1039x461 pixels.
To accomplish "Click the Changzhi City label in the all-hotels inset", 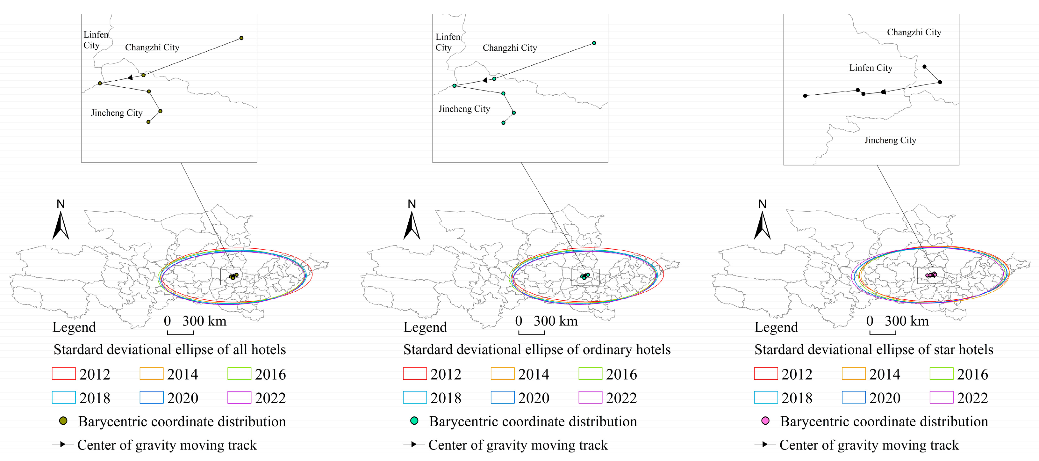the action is tap(152, 47).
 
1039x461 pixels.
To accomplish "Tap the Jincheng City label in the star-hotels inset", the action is tap(890, 140).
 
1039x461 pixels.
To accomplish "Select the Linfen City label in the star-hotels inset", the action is tap(871, 68).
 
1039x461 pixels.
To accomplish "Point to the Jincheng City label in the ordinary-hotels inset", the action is tap(464, 109).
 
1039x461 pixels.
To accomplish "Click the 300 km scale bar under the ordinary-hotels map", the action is tap(532, 332).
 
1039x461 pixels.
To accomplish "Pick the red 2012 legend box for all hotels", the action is tap(64, 374).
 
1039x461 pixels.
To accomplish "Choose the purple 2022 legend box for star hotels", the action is tap(942, 398).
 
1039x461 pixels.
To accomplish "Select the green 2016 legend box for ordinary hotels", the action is tap(590, 374).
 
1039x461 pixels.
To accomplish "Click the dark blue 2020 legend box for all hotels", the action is tap(151, 398).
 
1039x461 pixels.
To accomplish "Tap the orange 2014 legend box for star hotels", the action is tap(854, 374).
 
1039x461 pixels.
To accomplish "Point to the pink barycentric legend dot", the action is tap(765, 421).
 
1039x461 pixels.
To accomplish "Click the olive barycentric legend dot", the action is tap(63, 421).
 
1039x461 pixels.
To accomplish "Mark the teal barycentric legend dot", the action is tap(414, 421).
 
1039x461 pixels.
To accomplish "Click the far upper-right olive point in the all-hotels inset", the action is tap(241, 38).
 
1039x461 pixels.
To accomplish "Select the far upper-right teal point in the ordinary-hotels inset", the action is tap(594, 43).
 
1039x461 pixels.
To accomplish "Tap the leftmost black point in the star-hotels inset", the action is tap(805, 96).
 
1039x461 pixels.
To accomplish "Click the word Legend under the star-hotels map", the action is tap(776, 327).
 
